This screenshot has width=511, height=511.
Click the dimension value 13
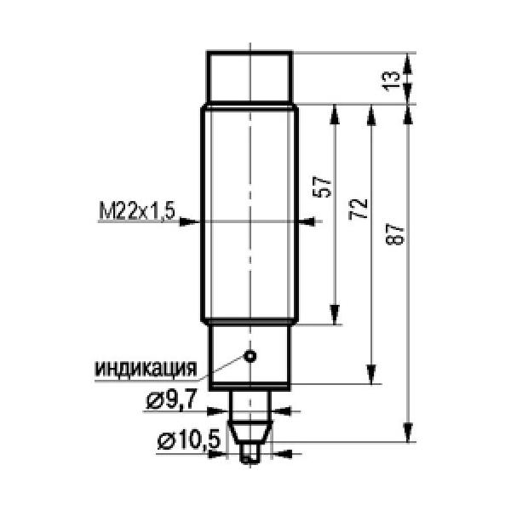click(x=391, y=81)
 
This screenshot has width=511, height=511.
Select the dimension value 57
click(x=322, y=187)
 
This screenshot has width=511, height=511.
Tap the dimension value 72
click(x=359, y=210)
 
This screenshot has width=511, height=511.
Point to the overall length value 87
click(x=395, y=234)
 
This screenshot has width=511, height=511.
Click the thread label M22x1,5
click(x=137, y=211)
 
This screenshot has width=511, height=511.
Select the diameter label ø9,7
click(x=171, y=400)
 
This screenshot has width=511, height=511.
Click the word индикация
click(x=146, y=369)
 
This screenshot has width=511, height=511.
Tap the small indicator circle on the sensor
click(x=250, y=356)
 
